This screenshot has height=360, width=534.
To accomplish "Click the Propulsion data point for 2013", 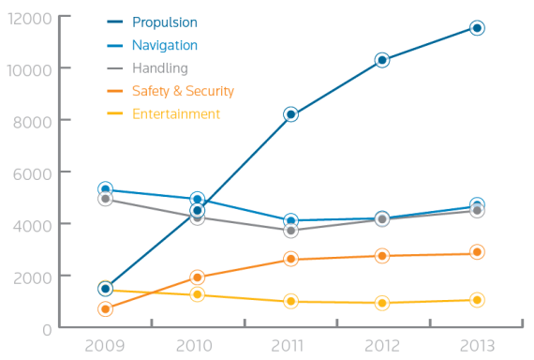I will pyautogui.click(x=477, y=28).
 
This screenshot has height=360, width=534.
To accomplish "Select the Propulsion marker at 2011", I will pyautogui.click(x=291, y=114).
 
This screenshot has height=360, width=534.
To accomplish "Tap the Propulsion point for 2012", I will pyautogui.click(x=382, y=60).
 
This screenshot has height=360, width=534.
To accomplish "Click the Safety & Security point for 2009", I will pyautogui.click(x=105, y=308).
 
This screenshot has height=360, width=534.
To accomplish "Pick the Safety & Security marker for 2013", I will pyautogui.click(x=477, y=252).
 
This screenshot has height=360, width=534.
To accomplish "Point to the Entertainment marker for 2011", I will pyautogui.click(x=291, y=301).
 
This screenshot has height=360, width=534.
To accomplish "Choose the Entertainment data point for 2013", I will pyautogui.click(x=477, y=300).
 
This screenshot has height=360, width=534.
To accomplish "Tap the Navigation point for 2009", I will pyautogui.click(x=105, y=189).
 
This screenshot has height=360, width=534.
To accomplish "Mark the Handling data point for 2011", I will pyautogui.click(x=291, y=231).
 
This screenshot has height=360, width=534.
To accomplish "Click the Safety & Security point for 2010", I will pyautogui.click(x=198, y=277).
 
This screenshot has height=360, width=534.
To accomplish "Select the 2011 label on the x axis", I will pyautogui.click(x=291, y=346).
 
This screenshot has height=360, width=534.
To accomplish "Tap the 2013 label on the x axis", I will pyautogui.click(x=477, y=346).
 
